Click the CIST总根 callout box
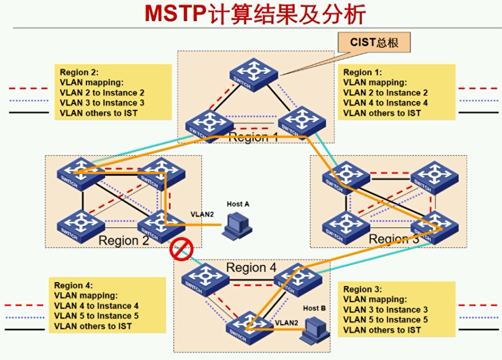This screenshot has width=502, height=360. (x=374, y=42)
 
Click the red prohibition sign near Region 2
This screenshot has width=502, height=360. (x=181, y=249)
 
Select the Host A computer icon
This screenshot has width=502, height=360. (x=237, y=224)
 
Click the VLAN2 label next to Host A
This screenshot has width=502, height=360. (x=201, y=214)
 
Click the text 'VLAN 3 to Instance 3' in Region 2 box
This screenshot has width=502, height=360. (x=102, y=103)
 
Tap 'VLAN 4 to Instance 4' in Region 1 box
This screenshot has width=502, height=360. (x=385, y=103)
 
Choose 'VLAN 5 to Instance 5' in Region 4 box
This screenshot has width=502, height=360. (x=97, y=316)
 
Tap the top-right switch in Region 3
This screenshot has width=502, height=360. (x=433, y=178)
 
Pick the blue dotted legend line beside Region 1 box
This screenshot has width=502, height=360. (x=478, y=100)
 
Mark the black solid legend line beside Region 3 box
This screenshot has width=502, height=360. (x=478, y=329)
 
